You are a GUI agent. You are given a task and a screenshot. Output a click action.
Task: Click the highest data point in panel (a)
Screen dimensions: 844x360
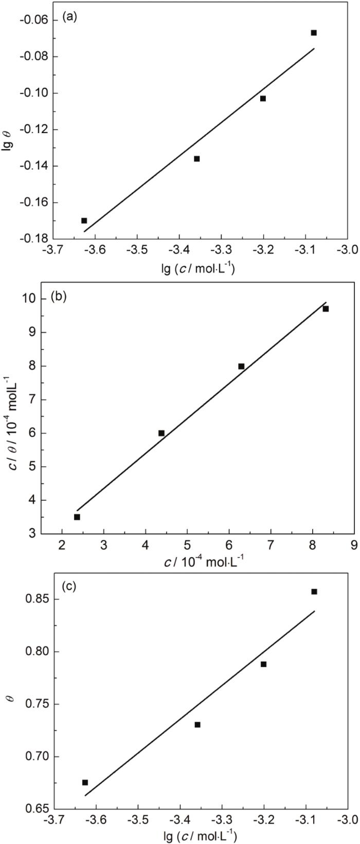tap(314, 33)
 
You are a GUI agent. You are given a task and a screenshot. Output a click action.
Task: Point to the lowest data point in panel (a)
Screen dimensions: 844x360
tap(84, 221)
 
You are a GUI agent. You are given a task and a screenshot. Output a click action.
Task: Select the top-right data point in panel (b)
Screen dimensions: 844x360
tap(326, 309)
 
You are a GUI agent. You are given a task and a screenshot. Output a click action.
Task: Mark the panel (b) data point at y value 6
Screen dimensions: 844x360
tap(161, 433)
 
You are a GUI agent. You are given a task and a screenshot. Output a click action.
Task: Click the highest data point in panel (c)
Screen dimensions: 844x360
tap(314, 592)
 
